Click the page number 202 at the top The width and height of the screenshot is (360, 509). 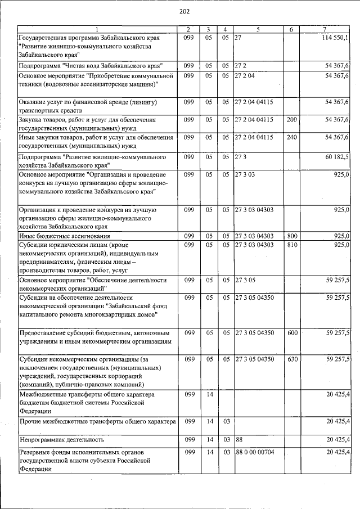pos(184,11)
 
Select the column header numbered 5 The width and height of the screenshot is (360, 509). pos(258,29)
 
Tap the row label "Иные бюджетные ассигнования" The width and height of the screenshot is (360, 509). pos(64,236)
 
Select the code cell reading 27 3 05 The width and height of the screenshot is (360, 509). pos(245,280)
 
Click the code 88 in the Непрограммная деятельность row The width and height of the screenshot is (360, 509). pos(238,439)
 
